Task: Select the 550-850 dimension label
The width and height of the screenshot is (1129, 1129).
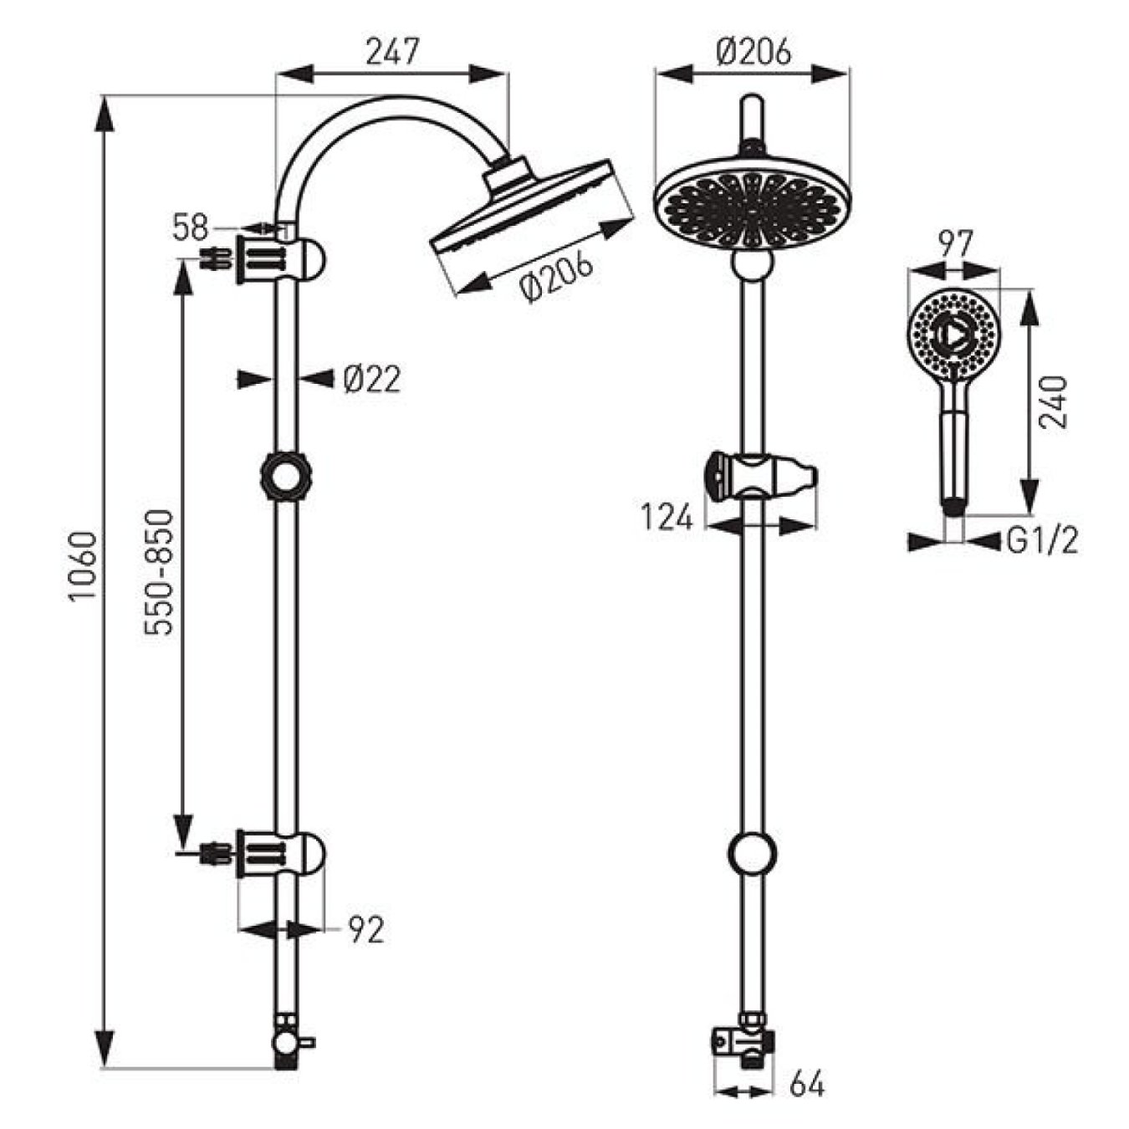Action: tap(159, 572)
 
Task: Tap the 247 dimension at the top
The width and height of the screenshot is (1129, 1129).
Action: tap(391, 52)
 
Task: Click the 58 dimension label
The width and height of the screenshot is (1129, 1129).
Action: tap(191, 227)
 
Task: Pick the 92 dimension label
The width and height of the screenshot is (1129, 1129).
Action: tap(365, 930)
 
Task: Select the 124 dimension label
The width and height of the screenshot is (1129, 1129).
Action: tap(667, 518)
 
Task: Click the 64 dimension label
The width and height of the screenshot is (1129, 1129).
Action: tap(807, 1085)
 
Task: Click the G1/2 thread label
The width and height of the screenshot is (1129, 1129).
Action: tap(1041, 542)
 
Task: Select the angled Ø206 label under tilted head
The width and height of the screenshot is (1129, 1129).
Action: tap(556, 277)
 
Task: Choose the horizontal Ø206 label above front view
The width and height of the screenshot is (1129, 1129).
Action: tap(754, 52)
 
